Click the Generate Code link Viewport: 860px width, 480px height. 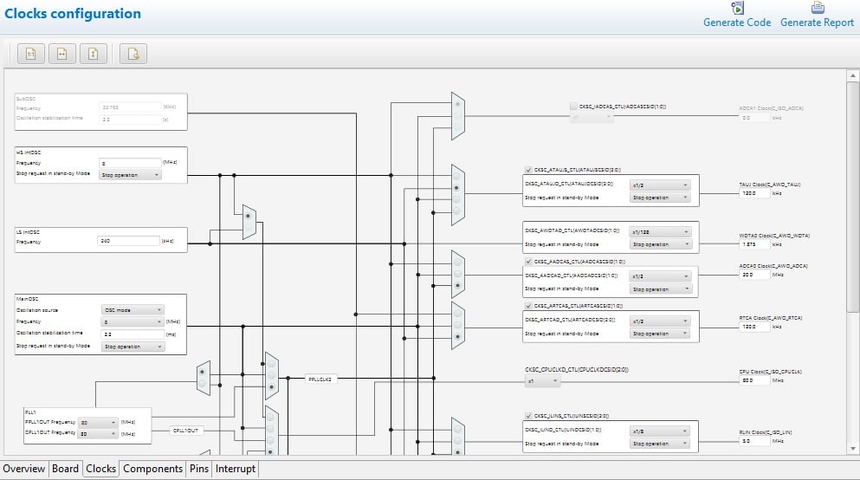[x=736, y=23]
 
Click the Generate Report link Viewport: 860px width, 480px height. [x=817, y=23]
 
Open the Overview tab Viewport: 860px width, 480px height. [x=24, y=469]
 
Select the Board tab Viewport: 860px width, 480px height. [x=65, y=469]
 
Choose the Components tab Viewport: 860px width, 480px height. [x=152, y=469]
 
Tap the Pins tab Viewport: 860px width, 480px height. [x=199, y=469]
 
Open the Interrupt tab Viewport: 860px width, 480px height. [x=236, y=469]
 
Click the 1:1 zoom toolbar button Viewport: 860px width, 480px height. [x=30, y=54]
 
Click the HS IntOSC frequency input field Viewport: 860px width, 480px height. [x=129, y=163]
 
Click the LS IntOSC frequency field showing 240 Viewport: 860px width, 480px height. [x=129, y=242]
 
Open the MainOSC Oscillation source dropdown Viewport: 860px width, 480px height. [x=133, y=309]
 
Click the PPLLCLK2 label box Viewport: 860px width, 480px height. [x=321, y=379]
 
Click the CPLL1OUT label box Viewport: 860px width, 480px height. [x=185, y=431]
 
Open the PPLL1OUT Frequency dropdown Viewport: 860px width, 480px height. [x=96, y=423]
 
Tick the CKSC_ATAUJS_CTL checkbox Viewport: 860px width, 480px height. [x=529, y=170]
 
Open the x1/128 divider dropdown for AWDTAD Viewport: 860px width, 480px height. [x=660, y=231]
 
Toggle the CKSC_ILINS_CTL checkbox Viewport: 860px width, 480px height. [x=529, y=416]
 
